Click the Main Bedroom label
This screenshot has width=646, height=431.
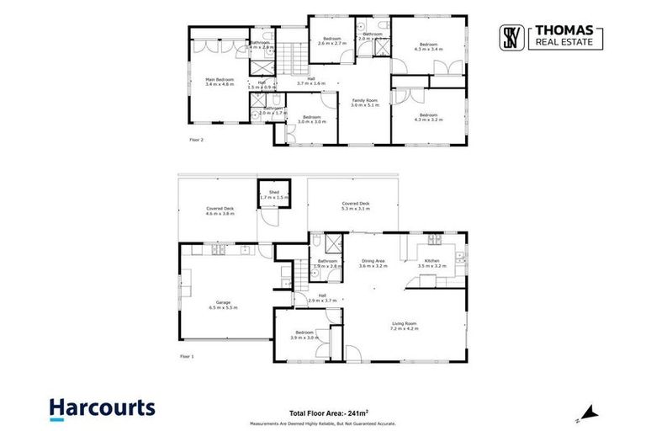pos(220,82)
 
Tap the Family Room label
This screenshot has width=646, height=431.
pos(364,103)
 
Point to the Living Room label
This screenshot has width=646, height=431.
pos(404,325)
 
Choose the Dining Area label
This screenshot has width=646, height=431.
pos(373,263)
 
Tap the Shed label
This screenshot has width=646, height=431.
pos(273,194)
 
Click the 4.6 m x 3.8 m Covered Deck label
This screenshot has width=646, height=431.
pos(220,210)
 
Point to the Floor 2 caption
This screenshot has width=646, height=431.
pos(195,140)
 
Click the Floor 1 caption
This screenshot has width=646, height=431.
pos(187,356)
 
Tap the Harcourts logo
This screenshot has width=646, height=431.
pos(102,408)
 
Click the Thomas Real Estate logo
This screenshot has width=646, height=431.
pos(553,38)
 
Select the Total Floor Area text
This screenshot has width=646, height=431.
pos(340,413)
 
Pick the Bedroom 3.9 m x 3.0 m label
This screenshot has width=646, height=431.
pos(302,334)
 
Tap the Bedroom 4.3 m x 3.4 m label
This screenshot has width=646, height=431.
pos(428,46)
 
